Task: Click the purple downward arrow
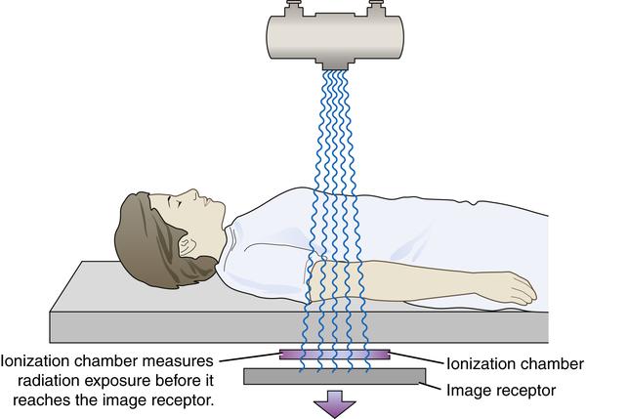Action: coord(334,403)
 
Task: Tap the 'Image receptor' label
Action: coord(501,390)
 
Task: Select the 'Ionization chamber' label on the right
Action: coord(515,363)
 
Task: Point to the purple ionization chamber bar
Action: coord(334,355)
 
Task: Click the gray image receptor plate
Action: coord(334,376)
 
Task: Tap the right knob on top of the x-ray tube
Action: coord(376,8)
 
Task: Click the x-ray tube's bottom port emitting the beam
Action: coord(334,64)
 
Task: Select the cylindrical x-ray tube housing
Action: coord(335,37)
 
